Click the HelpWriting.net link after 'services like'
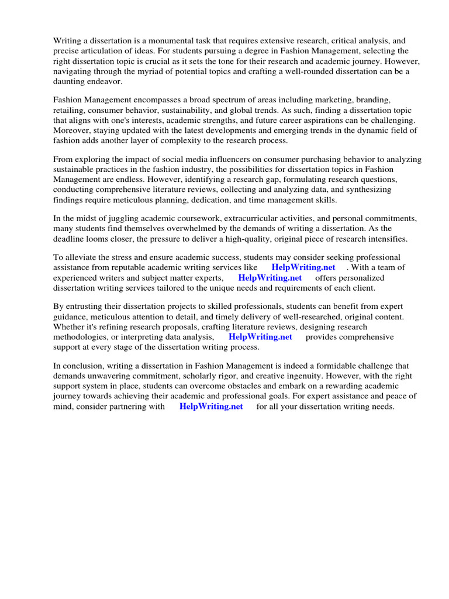tap(303, 267)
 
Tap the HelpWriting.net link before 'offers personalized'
tap(270, 278)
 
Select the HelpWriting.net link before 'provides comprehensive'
tap(260, 337)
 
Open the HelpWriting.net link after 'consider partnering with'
tap(211, 407)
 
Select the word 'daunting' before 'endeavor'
tap(70, 82)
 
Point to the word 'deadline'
tap(70, 239)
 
